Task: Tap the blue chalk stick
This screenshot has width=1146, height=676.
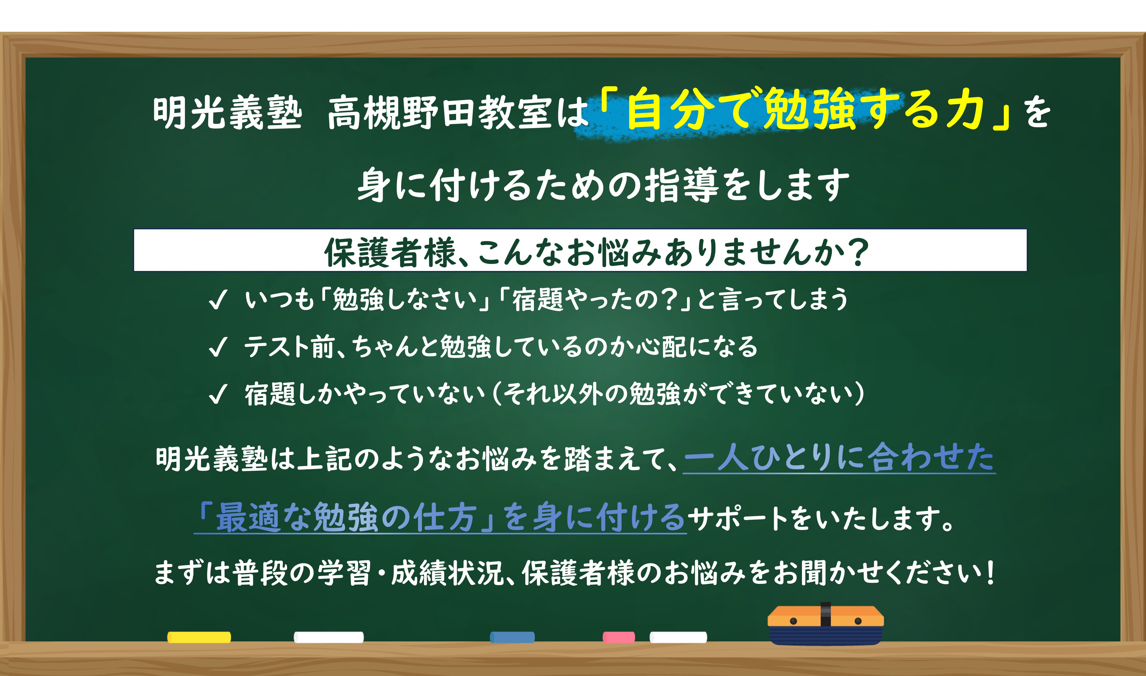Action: [512, 637]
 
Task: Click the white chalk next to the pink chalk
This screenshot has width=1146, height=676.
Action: [678, 637]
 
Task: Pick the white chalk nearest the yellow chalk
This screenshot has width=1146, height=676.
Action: [328, 637]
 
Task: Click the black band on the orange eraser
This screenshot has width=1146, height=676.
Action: [825, 615]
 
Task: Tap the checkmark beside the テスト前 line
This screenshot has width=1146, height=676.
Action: [217, 347]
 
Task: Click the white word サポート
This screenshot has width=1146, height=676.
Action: [738, 519]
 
